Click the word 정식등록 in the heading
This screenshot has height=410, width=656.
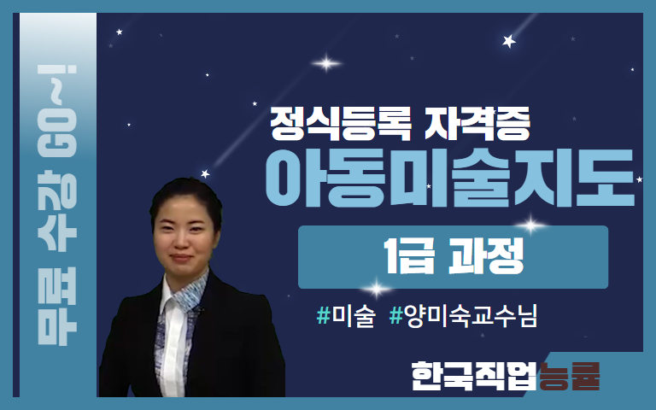341,124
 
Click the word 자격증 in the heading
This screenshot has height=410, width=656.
477,124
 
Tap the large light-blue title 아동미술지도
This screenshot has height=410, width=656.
450,179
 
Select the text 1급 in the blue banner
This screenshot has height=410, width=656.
409,255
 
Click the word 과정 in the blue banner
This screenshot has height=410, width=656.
486,255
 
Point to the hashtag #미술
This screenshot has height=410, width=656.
346,316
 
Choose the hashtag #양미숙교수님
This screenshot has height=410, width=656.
463,316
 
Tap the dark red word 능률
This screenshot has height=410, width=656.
570,376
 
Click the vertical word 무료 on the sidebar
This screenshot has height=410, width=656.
57,307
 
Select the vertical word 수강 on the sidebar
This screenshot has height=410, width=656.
57,210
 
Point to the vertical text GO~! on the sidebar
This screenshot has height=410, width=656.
57,111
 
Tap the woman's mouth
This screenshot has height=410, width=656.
182,257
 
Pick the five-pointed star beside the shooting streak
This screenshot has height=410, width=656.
509,41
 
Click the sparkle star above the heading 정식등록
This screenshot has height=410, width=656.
326,63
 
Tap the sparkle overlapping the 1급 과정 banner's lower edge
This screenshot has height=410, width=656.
376,288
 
